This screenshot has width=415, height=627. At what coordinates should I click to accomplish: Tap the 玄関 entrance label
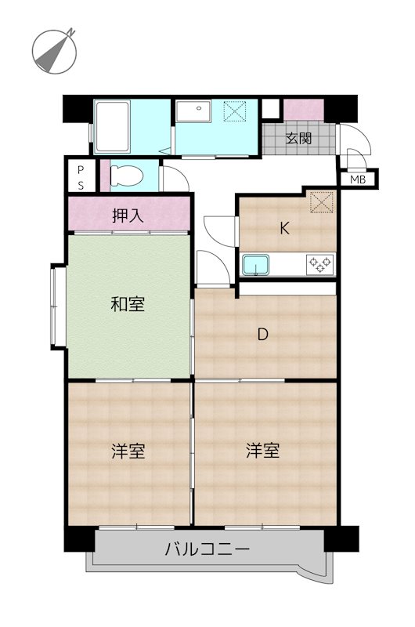pyautogui.click(x=298, y=139)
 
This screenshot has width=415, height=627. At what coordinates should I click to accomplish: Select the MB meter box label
pyautogui.click(x=358, y=179)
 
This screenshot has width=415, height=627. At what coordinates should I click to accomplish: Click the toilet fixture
pyautogui.click(x=125, y=176)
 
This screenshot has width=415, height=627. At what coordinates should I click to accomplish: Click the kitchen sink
pyautogui.click(x=254, y=265)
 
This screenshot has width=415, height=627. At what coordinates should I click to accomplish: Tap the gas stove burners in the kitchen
pyautogui.click(x=320, y=264)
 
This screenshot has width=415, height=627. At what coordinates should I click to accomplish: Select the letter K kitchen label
pyautogui.click(x=286, y=229)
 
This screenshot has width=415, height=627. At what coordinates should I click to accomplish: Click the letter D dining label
pyautogui.click(x=264, y=335)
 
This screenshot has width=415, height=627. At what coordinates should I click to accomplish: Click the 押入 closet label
pyautogui.click(x=128, y=216)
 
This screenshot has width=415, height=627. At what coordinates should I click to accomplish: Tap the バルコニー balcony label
pyautogui.click(x=207, y=549)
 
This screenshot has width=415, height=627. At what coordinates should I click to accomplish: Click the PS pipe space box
pyautogui.click(x=81, y=176)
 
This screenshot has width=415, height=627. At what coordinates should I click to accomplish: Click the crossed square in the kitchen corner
pyautogui.click(x=320, y=202)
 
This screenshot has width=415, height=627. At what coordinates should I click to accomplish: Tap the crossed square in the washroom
pyautogui.click(x=235, y=112)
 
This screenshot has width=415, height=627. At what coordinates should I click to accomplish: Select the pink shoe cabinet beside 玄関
pyautogui.click(x=302, y=110)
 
